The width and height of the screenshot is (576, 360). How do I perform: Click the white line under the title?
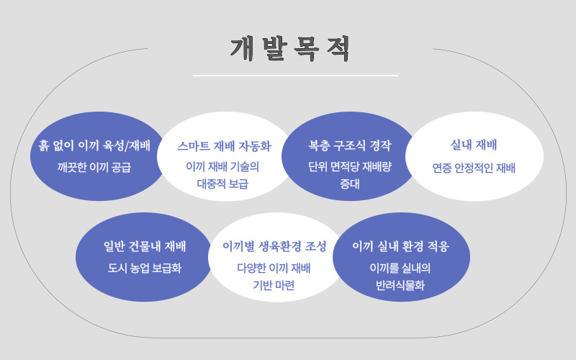click(x=295, y=75)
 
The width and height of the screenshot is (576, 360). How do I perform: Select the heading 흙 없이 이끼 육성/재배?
click(x=94, y=145)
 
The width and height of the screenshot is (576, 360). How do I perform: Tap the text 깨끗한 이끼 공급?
click(x=94, y=167)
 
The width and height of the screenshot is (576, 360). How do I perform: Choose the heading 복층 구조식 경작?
click(x=349, y=145)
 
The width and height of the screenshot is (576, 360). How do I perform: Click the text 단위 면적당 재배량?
click(x=349, y=167)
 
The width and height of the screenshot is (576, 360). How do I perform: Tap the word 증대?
click(x=349, y=184)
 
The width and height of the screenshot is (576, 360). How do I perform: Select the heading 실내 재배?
click(x=474, y=145)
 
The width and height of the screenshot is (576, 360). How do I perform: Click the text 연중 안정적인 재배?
click(x=474, y=168)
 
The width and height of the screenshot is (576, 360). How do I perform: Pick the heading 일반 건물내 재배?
click(x=145, y=246)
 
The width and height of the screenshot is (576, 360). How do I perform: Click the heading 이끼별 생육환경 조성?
click(x=274, y=246)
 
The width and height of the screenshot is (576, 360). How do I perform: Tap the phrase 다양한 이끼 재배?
click(x=274, y=268)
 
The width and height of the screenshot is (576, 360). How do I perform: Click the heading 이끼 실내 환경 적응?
click(x=400, y=246)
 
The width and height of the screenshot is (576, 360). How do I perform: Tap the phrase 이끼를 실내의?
click(x=400, y=268)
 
